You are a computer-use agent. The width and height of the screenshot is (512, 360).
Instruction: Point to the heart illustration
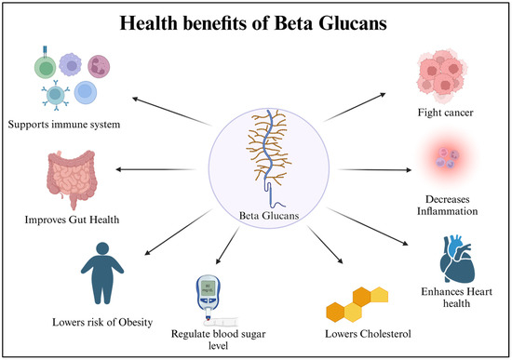pyautogui.click(x=455, y=260)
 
